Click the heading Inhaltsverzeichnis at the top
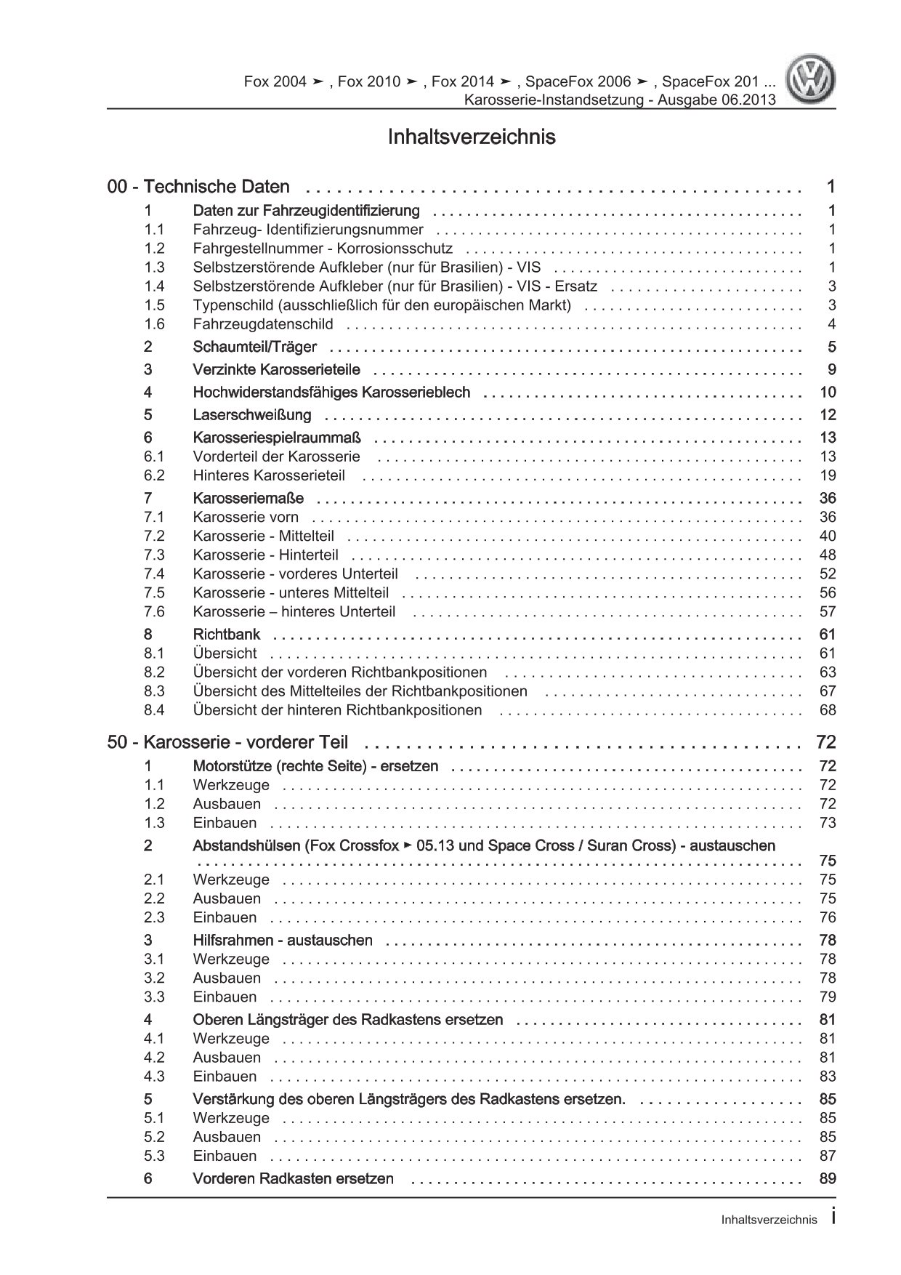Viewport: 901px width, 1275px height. tap(472, 137)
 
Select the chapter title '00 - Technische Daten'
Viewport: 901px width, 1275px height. tap(198, 187)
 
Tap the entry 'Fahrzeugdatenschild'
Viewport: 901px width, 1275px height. tap(263, 324)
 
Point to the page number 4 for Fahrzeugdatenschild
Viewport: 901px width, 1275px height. tap(832, 324)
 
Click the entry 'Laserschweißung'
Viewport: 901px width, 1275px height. tap(252, 415)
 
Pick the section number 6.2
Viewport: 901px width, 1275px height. tap(154, 475)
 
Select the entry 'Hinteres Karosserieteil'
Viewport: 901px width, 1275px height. tap(269, 475)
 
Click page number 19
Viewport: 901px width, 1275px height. tap(828, 475)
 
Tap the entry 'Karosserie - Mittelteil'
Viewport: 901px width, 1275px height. tap(264, 536)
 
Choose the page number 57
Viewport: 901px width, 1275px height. tap(828, 611)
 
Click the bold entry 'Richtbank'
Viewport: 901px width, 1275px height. tap(227, 634)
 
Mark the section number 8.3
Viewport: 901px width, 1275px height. tap(154, 691)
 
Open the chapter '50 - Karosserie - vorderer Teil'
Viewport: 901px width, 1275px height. tap(227, 742)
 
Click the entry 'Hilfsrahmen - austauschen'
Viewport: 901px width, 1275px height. tap(283, 940)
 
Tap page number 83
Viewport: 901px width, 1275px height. tap(828, 1076)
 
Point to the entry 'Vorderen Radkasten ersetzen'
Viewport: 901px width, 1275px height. tap(294, 1178)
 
